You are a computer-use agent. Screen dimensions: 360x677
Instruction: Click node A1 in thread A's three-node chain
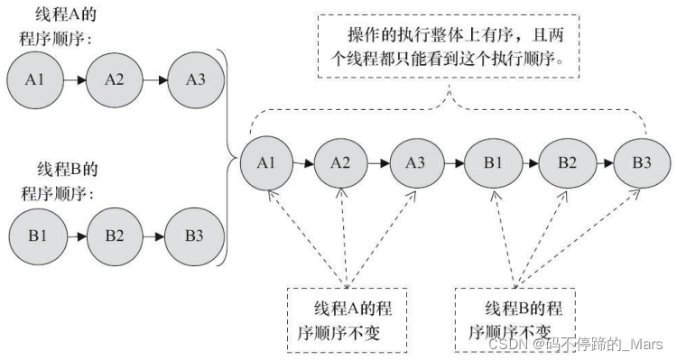tap(34, 79)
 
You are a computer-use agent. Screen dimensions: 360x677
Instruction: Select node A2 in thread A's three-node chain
tap(115, 79)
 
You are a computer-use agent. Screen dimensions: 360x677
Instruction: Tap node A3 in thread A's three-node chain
tap(194, 79)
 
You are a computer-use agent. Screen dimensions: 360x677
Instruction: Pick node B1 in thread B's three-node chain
tap(34, 236)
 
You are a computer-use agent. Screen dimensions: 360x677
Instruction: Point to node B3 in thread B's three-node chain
tap(194, 236)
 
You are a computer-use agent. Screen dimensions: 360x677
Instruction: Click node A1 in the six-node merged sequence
tap(265, 163)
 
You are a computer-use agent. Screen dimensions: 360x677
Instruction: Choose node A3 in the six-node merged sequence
tap(414, 163)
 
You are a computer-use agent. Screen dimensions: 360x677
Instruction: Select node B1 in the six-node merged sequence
tap(491, 163)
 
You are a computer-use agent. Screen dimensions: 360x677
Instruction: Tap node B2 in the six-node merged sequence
tap(566, 163)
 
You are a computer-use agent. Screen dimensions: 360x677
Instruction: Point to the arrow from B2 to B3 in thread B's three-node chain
tap(154, 236)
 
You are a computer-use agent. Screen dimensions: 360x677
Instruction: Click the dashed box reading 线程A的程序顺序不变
tap(347, 320)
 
